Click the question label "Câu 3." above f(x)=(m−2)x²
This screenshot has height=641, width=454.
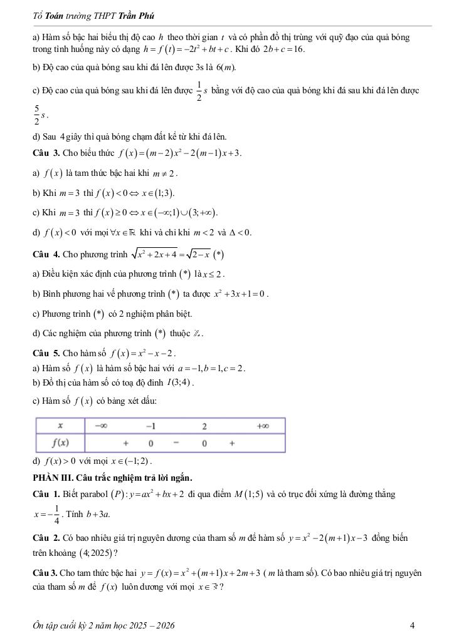click(46, 153)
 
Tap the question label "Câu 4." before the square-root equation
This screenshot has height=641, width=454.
click(46, 255)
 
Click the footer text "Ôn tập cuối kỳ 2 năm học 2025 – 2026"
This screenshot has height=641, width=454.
click(103, 625)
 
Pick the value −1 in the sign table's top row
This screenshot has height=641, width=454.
click(150, 426)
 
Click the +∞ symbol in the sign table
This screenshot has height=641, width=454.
click(262, 426)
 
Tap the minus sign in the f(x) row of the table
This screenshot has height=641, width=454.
click(177, 443)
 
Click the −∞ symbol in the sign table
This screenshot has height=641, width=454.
click(101, 426)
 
